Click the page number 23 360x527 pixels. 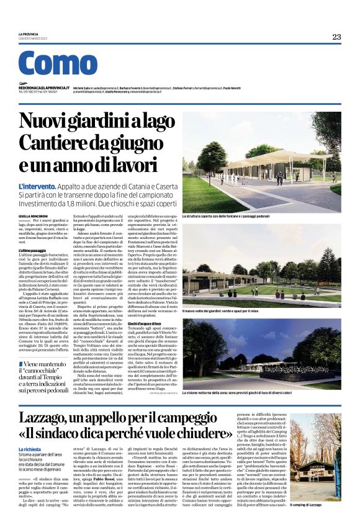pos(336,37)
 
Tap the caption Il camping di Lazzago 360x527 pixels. pos(323,523)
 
